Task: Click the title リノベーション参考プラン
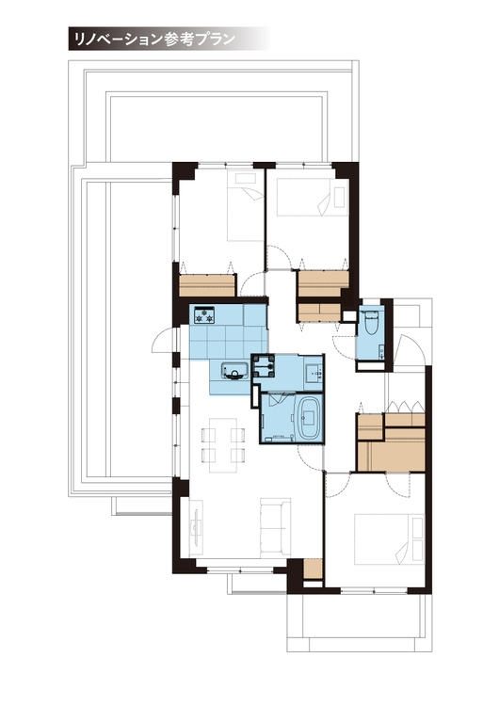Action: point(154,40)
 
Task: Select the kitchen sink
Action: point(234,370)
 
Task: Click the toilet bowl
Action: point(372,322)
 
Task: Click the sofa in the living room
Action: point(275,527)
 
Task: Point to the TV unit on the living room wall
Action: point(197,527)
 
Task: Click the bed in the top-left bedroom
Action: point(244,205)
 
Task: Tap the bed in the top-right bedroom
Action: point(312,196)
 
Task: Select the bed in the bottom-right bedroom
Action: point(389,539)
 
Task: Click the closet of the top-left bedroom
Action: point(207,285)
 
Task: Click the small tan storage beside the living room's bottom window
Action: point(313,569)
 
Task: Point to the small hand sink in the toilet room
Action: point(381,349)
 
